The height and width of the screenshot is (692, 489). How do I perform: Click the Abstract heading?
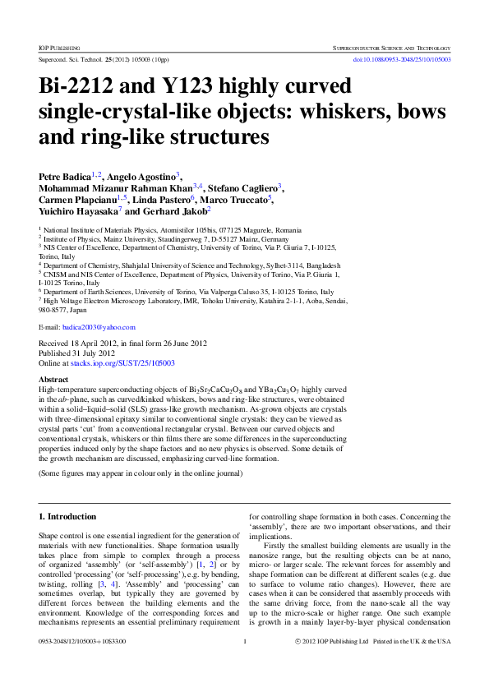tap(54, 380)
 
